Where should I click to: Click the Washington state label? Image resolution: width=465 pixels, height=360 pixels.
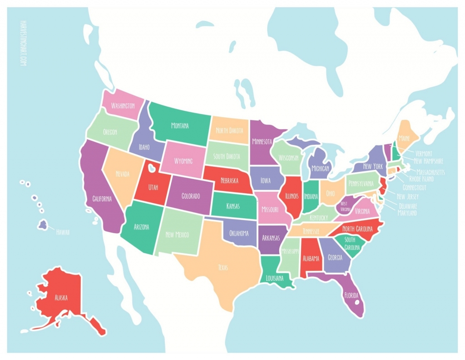123,105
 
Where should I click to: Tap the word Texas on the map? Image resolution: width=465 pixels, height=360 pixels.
223,267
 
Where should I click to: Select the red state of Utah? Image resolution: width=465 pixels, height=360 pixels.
153,186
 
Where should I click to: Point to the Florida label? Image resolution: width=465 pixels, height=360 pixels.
351,295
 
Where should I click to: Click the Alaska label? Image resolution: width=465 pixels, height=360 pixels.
61,298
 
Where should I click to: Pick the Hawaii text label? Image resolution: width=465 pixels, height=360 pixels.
63,232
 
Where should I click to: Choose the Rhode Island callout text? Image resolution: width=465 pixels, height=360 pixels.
421,179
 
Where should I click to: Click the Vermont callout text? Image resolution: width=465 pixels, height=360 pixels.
423,154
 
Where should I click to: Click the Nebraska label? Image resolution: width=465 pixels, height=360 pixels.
229,180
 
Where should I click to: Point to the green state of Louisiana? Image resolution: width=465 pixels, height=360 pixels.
274,278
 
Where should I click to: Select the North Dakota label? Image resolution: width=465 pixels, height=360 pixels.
229,130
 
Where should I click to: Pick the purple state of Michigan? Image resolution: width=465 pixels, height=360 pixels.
320,168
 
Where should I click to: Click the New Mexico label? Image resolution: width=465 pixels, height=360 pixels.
177,235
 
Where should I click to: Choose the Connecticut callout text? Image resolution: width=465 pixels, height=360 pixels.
414,187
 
